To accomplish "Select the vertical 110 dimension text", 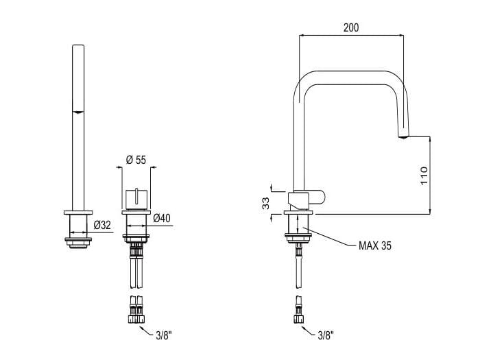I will pos(424,176).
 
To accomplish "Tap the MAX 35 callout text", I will pos(375,245).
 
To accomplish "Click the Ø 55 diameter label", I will pos(136,160).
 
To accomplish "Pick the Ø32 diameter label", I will pos(101,224).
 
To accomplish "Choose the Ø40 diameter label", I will pos(162,218).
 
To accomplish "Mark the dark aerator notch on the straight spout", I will pos(79,112).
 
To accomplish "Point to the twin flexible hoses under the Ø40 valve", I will pos(136,271).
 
